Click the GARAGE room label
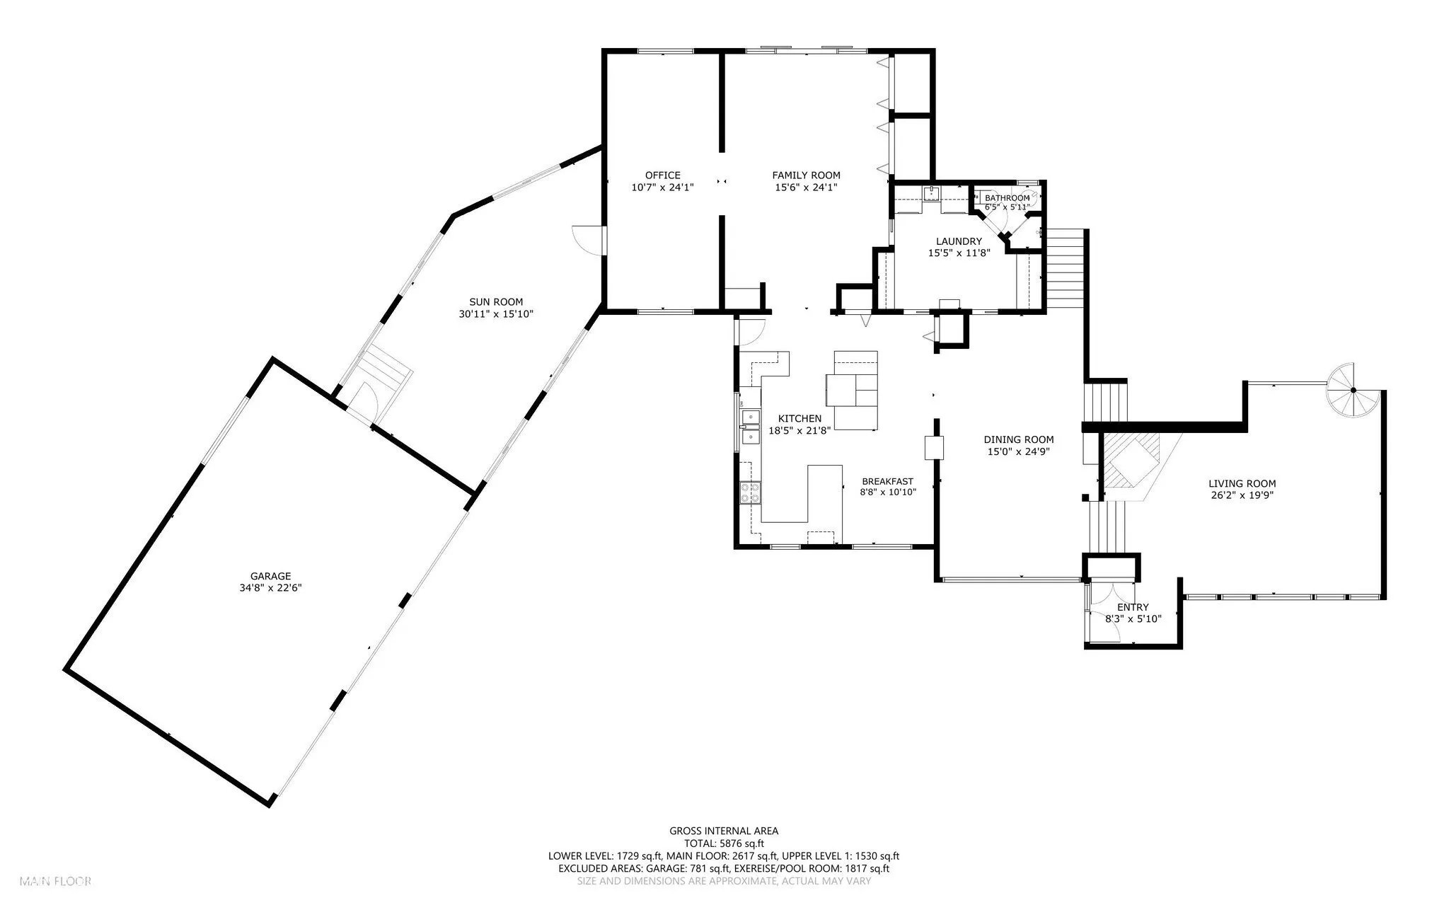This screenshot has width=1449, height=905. pos(270,576)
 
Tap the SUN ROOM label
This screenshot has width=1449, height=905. pos(496,302)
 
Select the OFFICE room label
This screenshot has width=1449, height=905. pos(663,175)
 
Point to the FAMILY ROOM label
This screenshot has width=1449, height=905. pos(807,175)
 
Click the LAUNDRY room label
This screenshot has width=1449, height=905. pos(959,241)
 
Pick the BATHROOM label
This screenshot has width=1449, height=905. pos(1008,198)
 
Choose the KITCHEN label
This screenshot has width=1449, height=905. pos(800,419)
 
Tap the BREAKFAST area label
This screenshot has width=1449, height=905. pos(888,481)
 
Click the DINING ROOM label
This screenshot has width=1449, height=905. pos(1019,439)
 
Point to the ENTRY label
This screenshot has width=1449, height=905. pos(1133,607)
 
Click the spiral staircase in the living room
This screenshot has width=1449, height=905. pos(1353,391)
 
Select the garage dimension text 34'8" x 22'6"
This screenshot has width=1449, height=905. pos(270,587)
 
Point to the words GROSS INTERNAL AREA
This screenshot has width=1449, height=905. pos(724,831)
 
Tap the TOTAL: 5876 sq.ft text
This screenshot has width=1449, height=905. pos(724,843)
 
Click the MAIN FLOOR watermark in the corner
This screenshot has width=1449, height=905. pos(56,882)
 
